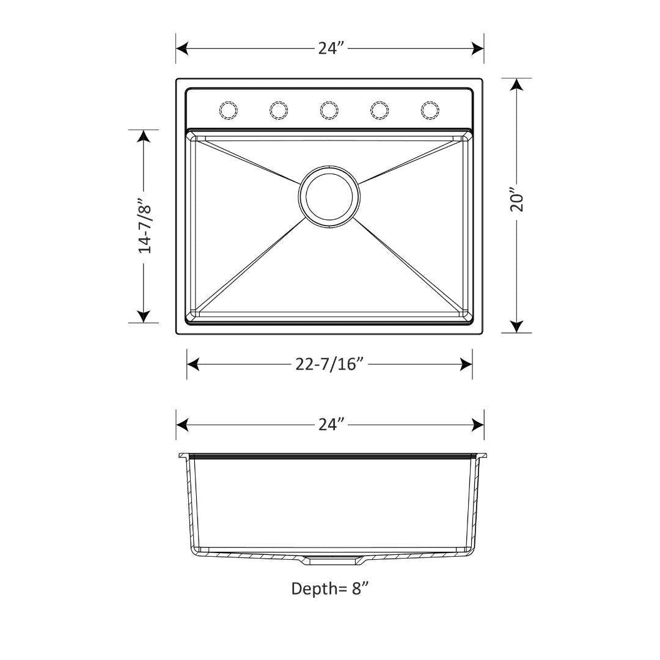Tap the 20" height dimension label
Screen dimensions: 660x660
517,199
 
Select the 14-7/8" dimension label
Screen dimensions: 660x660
144,226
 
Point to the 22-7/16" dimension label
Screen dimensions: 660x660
330,364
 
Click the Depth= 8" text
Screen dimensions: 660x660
330,588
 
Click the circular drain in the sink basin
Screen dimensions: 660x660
329,196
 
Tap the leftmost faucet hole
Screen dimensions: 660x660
228,109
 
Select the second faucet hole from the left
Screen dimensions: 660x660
278,109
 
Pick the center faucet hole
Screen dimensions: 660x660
329,109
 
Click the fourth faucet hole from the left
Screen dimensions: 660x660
380,109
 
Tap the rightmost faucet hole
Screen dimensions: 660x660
430,109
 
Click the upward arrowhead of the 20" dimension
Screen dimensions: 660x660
517,85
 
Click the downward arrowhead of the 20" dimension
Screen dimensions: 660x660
517,326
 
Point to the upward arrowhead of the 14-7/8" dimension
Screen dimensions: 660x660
144,136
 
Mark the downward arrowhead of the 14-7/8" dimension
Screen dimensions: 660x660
144,316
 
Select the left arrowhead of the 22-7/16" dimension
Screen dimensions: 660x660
194,365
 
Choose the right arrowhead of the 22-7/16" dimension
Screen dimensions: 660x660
466,365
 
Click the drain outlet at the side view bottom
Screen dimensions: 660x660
330,559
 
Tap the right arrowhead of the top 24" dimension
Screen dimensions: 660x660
477,49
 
